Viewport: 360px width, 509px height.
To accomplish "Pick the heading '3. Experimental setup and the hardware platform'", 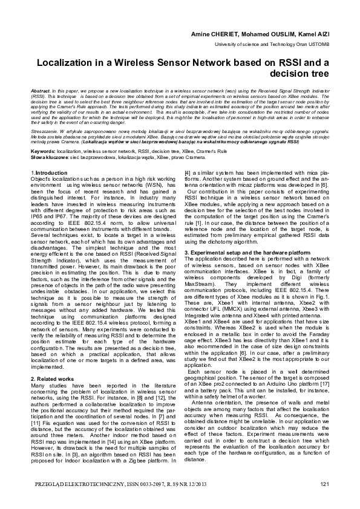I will [249, 251].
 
